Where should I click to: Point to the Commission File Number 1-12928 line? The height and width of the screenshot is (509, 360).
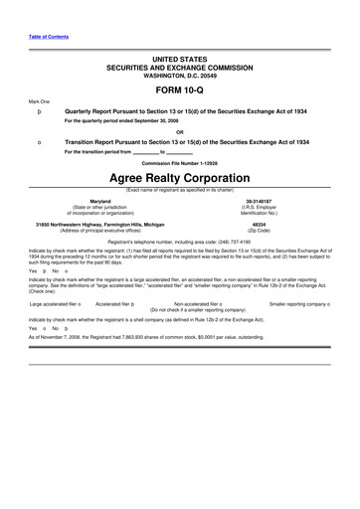(x=180, y=161)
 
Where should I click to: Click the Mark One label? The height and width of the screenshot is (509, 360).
(x=39, y=101)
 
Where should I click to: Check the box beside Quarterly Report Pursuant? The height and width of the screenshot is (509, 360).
(x=38, y=111)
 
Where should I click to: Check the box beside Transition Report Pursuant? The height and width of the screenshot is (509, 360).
(x=38, y=142)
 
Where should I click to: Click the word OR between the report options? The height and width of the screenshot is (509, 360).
(x=180, y=131)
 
